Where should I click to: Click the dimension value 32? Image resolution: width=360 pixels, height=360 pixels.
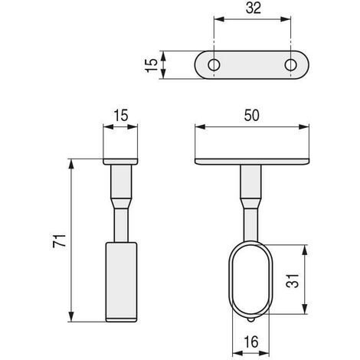pyautogui.click(x=254, y=8)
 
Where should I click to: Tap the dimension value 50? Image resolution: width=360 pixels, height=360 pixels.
pyautogui.click(x=252, y=116)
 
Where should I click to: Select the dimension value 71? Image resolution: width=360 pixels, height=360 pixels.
pyautogui.click(x=59, y=241)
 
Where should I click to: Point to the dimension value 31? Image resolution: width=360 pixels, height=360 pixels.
pyautogui.click(x=292, y=281)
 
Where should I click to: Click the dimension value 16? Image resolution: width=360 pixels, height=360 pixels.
pyautogui.click(x=251, y=342)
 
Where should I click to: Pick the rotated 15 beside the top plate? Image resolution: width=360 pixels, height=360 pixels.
pyautogui.click(x=152, y=65)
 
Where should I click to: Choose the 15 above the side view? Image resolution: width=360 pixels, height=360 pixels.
pyautogui.click(x=121, y=116)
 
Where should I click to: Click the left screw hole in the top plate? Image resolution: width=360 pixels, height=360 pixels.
pyautogui.click(x=214, y=65)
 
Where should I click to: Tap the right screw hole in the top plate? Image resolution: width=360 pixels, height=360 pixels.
pyautogui.click(x=290, y=65)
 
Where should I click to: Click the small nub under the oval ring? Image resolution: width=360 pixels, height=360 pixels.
pyautogui.click(x=251, y=320)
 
